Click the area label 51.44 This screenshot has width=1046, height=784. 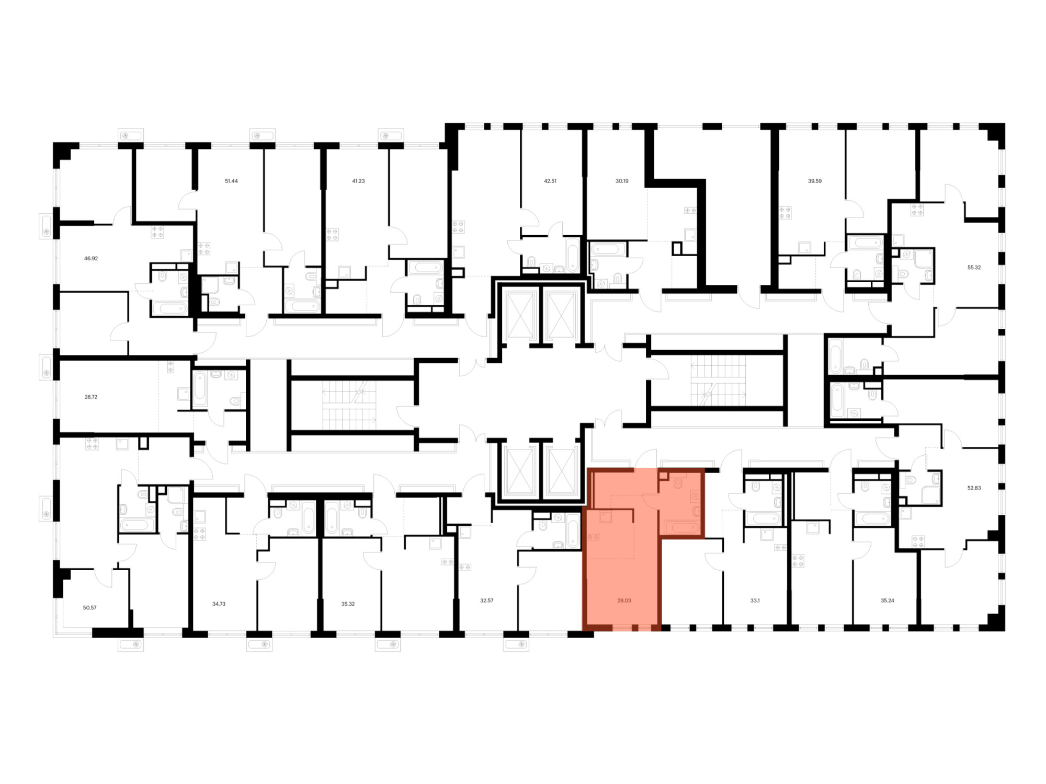(x=231, y=181)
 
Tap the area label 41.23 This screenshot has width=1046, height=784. (x=358, y=181)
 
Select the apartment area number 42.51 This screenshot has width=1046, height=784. (x=550, y=181)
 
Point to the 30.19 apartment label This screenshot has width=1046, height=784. (x=622, y=181)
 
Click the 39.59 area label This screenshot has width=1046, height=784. (x=815, y=181)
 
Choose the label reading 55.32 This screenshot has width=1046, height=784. (x=974, y=267)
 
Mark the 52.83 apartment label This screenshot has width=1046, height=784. (x=974, y=488)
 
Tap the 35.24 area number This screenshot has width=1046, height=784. (x=888, y=601)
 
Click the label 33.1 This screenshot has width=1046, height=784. (x=755, y=601)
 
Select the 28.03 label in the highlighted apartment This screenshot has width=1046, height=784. (x=624, y=601)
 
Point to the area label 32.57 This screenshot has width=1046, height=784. (x=487, y=601)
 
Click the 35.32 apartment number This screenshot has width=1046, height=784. (x=348, y=604)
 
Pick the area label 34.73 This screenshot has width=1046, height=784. (x=219, y=604)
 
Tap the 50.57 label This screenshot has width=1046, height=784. (x=89, y=608)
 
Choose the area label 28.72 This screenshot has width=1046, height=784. (x=91, y=397)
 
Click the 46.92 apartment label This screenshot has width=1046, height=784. (x=91, y=258)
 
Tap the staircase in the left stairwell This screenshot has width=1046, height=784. (x=349, y=406)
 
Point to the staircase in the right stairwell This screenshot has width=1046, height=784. (x=718, y=381)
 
